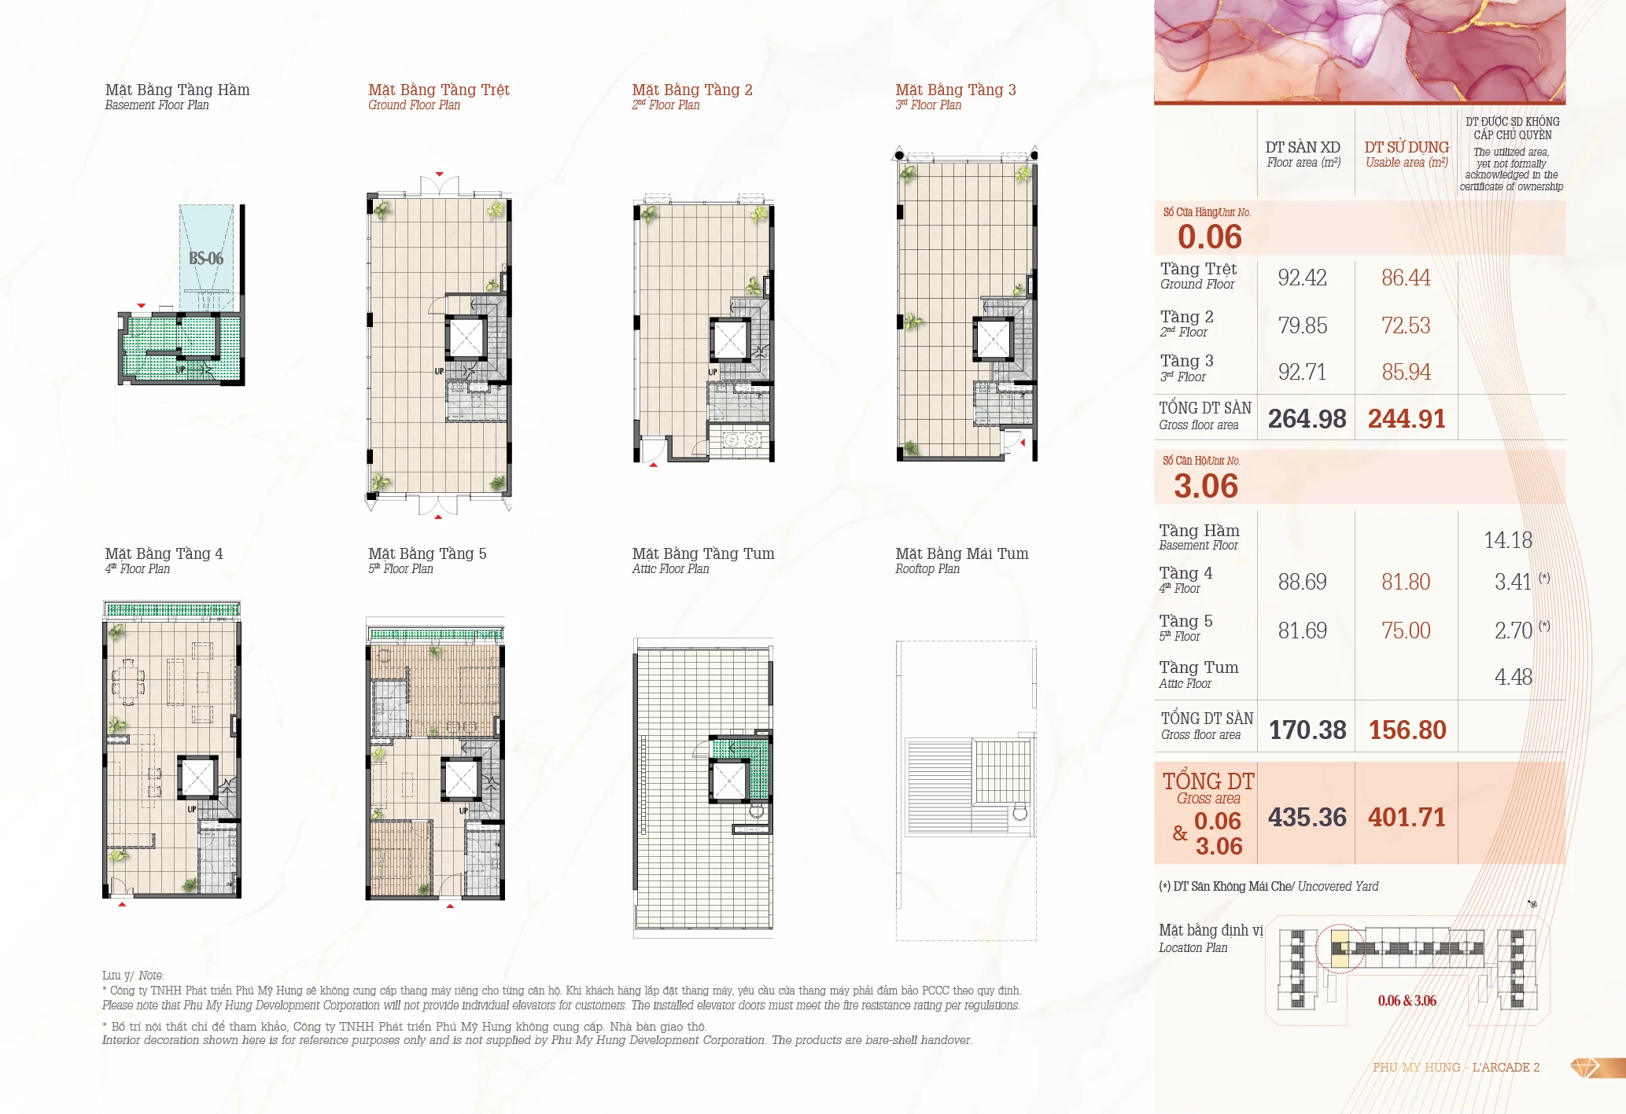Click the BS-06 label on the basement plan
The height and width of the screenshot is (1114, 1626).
coord(206,258)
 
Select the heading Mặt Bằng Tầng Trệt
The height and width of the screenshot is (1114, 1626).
coord(439,90)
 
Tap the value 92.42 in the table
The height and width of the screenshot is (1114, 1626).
coord(1302,278)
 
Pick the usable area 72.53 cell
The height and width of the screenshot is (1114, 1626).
coord(1406,325)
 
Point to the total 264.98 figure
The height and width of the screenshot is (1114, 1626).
coord(1307,418)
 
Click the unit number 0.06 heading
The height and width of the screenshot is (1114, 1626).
coord(1209,237)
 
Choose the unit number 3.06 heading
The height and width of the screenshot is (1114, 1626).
coord(1206,486)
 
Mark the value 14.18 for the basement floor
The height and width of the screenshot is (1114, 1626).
coord(1508,540)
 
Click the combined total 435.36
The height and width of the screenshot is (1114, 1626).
coord(1307,818)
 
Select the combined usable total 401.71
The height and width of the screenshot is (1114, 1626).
coord(1407,818)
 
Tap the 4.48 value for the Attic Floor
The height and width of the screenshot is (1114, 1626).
coord(1514,677)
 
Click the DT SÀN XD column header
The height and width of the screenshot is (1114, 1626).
coord(1303,147)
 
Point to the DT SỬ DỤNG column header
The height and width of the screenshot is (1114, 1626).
coord(1407,147)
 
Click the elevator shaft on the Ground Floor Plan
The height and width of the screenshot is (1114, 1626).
coord(466,339)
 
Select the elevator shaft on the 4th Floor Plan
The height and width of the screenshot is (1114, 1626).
coord(197,778)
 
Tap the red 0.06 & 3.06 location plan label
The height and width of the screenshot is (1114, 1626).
coord(1407,1001)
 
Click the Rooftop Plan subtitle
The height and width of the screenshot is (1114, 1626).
coord(927,568)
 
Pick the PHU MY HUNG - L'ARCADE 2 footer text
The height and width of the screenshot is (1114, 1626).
coord(1456,1067)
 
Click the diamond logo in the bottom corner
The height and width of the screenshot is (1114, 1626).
coord(1585,1068)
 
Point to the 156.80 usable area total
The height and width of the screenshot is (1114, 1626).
coord(1407,730)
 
